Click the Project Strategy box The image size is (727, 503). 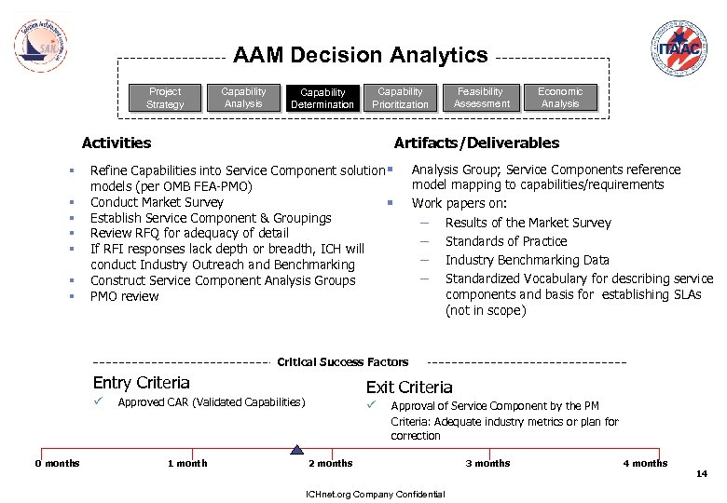(x=165, y=98)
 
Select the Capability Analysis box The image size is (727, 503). (x=243, y=98)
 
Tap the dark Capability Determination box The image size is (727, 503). (x=322, y=98)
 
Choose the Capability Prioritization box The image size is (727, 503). (x=400, y=98)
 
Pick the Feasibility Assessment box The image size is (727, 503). (x=481, y=98)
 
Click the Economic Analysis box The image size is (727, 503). (x=560, y=98)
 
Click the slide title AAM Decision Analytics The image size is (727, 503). (x=361, y=56)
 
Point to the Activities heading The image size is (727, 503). (x=117, y=143)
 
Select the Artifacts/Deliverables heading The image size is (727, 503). (x=476, y=143)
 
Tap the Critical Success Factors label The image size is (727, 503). (x=343, y=361)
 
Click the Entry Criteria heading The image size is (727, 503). (x=142, y=383)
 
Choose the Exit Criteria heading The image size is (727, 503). (x=409, y=387)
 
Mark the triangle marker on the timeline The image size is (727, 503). (x=296, y=449)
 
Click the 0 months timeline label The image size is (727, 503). (x=58, y=463)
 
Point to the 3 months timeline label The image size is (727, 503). (x=488, y=463)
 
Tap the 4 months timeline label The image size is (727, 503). (x=645, y=463)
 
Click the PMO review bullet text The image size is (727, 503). (x=125, y=296)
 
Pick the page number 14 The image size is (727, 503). (x=702, y=474)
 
